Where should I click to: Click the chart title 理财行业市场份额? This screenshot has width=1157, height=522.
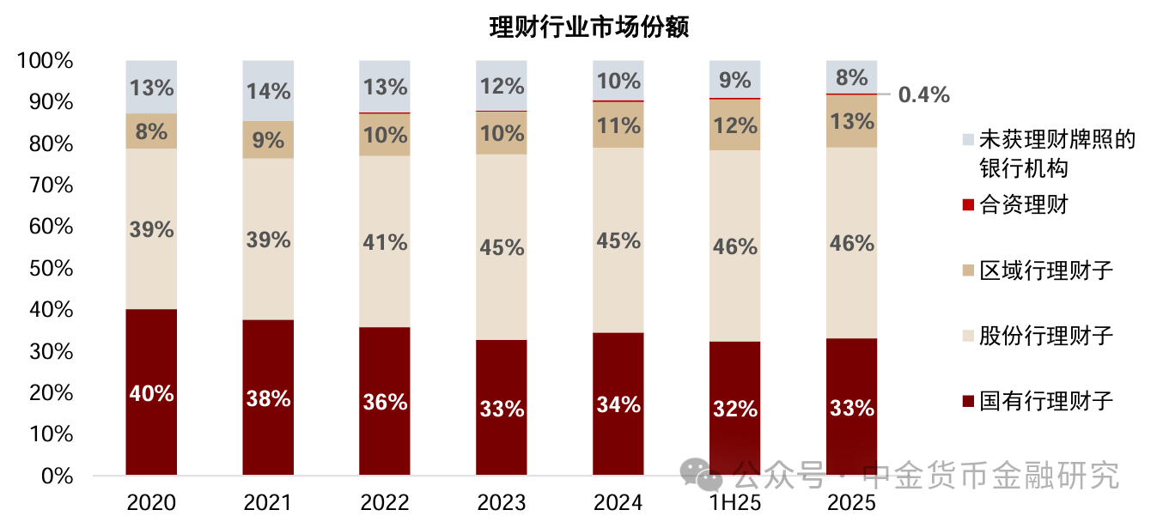point(589,27)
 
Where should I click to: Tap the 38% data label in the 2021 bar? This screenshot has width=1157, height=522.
point(268,398)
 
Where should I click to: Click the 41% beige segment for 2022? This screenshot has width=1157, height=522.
point(385,241)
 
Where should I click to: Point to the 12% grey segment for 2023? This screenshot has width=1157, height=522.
point(502,86)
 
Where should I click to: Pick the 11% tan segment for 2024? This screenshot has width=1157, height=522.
point(618,125)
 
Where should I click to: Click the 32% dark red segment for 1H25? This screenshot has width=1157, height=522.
point(735,408)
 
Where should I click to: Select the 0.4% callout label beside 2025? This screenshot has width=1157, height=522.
point(924,94)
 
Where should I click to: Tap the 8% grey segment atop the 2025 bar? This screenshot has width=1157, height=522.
point(852,76)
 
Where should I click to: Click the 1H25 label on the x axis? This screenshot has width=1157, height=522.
point(735,502)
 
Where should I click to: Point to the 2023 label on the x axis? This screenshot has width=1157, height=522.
point(502,502)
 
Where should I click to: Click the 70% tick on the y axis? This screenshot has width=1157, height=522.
point(51,185)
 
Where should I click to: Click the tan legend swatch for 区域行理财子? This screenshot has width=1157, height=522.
point(968,270)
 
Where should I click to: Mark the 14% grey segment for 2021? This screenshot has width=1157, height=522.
point(268,90)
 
